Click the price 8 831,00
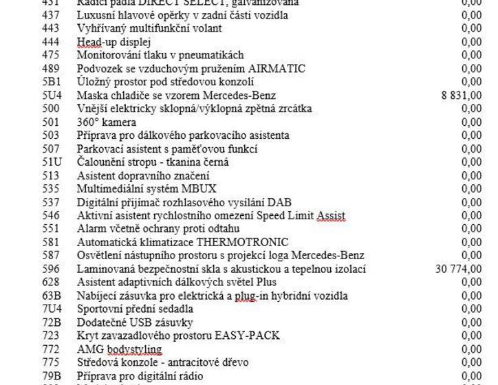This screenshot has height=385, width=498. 462,96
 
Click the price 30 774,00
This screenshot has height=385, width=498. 459,269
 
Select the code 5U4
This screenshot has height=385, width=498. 52,96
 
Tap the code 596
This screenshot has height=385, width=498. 51,269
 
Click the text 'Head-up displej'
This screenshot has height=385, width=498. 109,42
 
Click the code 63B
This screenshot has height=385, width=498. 52,296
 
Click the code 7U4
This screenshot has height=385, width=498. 52,309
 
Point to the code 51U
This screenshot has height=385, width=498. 52,162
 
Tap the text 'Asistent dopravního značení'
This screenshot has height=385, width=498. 142,175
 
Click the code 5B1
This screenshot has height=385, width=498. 52,82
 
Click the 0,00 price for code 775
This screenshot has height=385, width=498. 471,362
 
